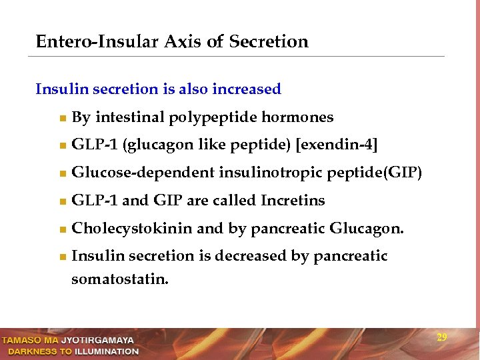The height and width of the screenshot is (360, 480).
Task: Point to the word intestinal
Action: [130, 118]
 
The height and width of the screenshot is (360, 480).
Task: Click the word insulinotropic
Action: [271, 173]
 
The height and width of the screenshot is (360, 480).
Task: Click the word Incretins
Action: [293, 201]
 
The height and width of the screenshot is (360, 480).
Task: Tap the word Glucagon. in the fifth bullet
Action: [367, 229]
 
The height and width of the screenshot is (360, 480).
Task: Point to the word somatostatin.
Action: [120, 279]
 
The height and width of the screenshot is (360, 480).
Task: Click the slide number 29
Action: [441, 337]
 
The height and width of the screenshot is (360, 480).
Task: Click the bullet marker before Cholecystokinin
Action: [62, 229]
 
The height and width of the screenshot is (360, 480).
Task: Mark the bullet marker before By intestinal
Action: [62, 119]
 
